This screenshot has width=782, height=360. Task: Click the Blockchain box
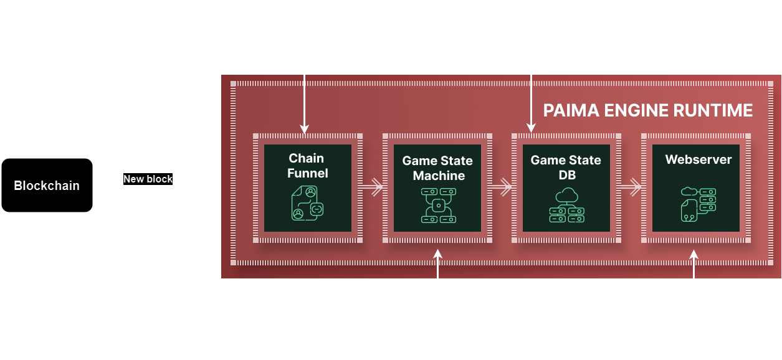(47, 185)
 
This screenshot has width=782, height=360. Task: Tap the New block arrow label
(148, 179)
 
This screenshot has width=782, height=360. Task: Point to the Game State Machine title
(437, 168)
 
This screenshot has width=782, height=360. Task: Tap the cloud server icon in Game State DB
(566, 205)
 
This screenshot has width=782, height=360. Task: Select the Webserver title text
(698, 159)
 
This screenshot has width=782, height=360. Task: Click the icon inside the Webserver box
(698, 204)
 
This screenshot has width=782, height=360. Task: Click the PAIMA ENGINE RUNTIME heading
(648, 111)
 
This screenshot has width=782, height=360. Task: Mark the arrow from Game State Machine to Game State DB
(502, 186)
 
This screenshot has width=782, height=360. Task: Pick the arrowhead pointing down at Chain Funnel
(305, 128)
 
